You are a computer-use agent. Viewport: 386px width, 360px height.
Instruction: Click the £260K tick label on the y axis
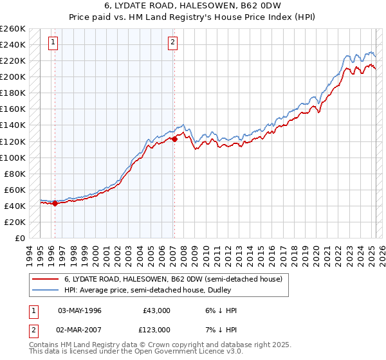pyautogui.click(x=13, y=29)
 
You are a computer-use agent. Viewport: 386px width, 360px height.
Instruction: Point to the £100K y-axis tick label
pyautogui.click(x=13, y=157)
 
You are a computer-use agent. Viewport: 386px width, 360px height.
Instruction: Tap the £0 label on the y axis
pyautogui.click(x=19, y=238)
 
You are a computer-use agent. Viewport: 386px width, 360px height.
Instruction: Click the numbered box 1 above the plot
pyautogui.click(x=53, y=43)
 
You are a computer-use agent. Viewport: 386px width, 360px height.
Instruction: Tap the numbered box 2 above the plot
pyautogui.click(x=173, y=43)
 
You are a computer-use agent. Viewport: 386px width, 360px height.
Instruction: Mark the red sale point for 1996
pyautogui.click(x=55, y=204)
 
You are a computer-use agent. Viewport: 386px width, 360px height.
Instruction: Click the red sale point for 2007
pyautogui.click(x=174, y=139)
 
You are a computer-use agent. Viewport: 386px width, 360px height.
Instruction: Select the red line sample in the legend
pyautogui.click(x=45, y=279)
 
